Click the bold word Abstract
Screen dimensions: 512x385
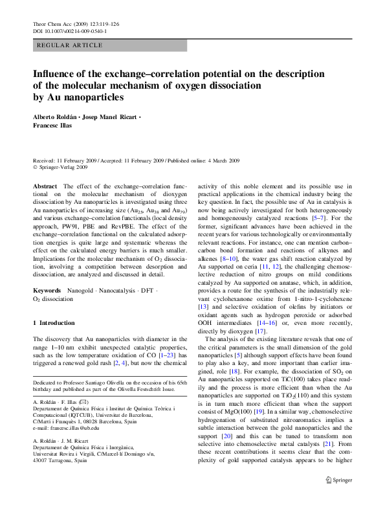point(45,186)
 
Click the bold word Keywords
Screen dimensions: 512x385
point(47,291)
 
